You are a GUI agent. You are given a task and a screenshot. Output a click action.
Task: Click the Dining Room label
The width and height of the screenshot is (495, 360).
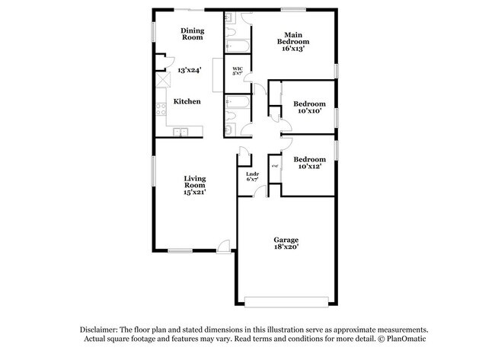pyautogui.click(x=192, y=33)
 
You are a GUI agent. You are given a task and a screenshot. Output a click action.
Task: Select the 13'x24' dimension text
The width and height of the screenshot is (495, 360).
pyautogui.click(x=189, y=70)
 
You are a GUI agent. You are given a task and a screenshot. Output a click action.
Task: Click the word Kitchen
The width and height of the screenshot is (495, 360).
pyautogui.click(x=187, y=101)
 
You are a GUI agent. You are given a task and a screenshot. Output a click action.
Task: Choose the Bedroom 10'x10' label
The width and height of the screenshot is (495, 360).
pyautogui.click(x=310, y=107)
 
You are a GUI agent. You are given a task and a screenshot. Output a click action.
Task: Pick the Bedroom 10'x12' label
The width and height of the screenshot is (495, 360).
pyautogui.click(x=310, y=162)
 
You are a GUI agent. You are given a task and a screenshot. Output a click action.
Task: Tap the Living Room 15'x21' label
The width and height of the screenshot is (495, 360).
pyautogui.click(x=195, y=186)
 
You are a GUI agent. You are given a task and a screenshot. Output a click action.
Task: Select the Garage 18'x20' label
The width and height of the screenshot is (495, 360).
pyautogui.click(x=286, y=244)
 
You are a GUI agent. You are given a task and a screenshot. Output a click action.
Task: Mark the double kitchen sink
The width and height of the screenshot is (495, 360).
pyautogui.click(x=181, y=132)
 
